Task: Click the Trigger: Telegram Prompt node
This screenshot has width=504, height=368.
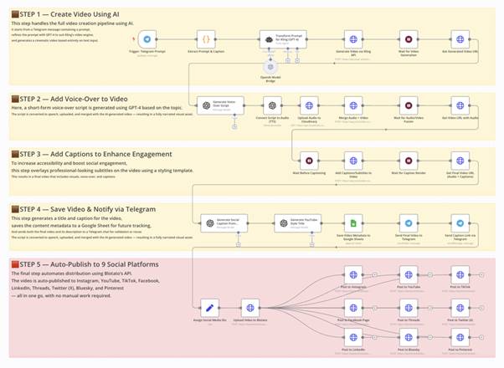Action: [147, 39]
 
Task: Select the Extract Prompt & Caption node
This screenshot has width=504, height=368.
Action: [207, 39]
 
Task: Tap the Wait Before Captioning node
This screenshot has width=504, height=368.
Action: [310, 161]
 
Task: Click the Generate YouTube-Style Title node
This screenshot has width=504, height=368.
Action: [290, 222]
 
